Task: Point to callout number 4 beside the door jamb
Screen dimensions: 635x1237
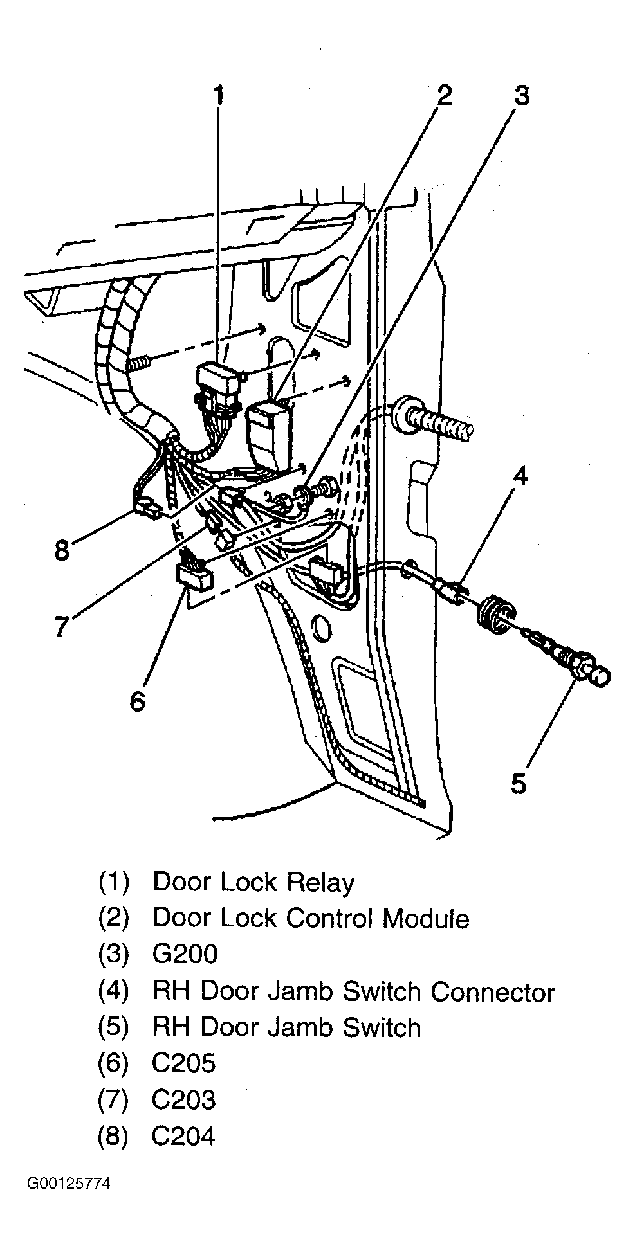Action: (520, 477)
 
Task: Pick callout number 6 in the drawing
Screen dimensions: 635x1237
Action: (138, 701)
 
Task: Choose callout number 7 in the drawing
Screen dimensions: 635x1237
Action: (61, 626)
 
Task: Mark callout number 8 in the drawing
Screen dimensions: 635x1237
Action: (61, 550)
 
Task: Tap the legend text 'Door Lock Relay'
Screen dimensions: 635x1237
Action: (253, 882)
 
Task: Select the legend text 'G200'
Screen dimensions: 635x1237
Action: (185, 954)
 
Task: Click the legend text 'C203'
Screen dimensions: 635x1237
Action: (183, 1100)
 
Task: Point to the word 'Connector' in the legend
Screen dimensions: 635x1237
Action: (493, 991)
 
